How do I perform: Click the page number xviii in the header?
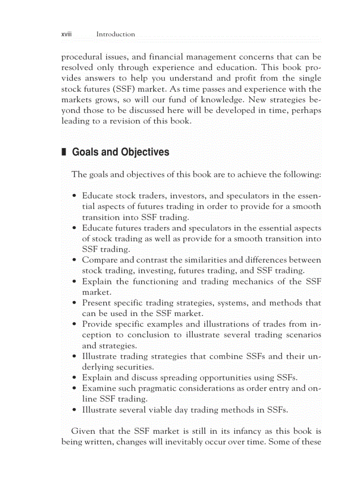pos(66,34)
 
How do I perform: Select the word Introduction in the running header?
pos(116,34)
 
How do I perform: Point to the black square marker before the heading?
pos(64,152)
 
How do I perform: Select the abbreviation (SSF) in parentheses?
pos(139,89)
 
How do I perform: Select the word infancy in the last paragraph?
pos(226,431)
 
